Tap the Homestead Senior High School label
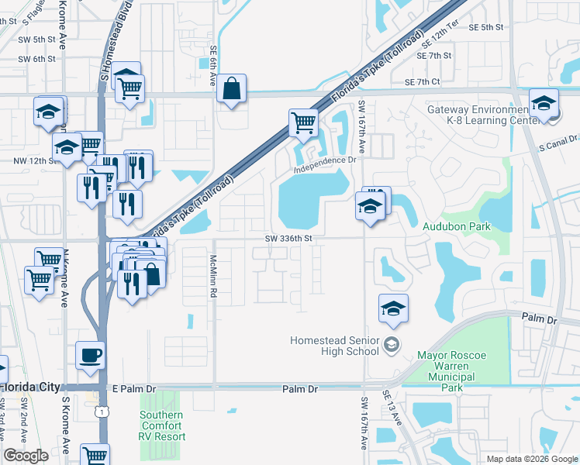[335, 345]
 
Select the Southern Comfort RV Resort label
[162, 425]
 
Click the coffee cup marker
[91, 356]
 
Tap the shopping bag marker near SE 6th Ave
[232, 89]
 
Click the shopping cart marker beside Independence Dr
[303, 122]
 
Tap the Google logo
[26, 456]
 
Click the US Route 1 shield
[102, 412]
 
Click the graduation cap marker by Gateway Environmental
[544, 104]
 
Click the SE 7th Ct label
[422, 81]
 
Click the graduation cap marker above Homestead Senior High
[393, 308]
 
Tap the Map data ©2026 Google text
[531, 459]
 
